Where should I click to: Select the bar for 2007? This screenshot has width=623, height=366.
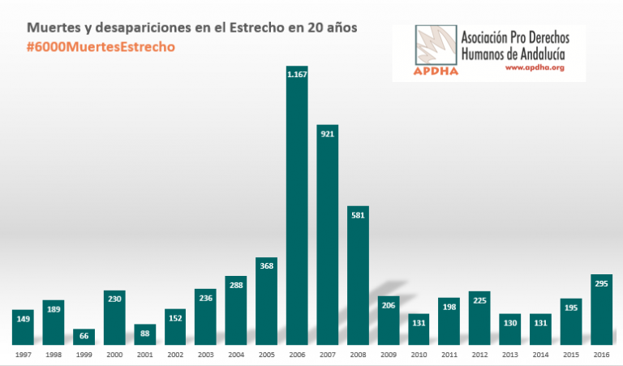point(327,235)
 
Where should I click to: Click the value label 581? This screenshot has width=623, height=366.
point(358,216)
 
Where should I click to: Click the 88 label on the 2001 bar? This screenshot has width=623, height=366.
point(144,333)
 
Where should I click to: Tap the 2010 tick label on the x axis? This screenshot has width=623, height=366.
point(419,355)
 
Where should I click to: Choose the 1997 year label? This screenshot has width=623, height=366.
point(23,355)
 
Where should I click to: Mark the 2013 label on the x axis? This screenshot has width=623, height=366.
point(509,355)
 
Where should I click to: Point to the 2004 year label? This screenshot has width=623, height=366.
point(236,355)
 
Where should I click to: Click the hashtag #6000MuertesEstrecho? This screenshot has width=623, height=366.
point(101,47)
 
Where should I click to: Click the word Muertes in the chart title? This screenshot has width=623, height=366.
point(55,28)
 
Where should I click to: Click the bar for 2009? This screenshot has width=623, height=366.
point(388,321)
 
